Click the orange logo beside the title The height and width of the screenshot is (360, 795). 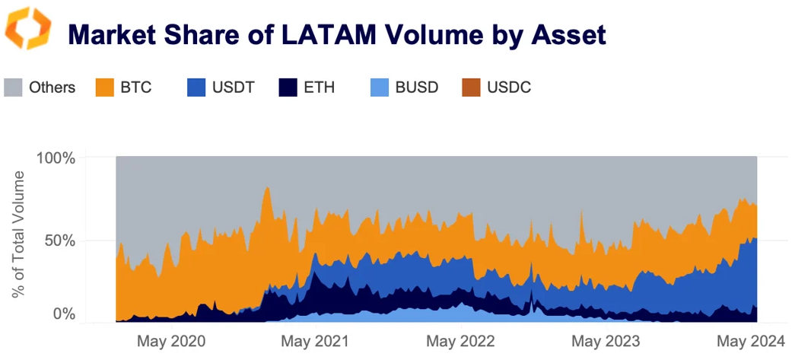click(28, 28)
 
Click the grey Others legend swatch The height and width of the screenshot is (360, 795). click(14, 87)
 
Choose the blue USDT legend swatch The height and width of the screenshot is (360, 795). click(197, 87)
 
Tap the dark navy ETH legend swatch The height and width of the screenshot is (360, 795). click(288, 87)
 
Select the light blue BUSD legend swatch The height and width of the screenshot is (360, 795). click(380, 87)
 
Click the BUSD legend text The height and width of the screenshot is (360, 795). click(417, 88)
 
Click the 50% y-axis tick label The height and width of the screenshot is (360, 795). click(59, 240)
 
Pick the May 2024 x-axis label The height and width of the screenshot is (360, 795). click(749, 341)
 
